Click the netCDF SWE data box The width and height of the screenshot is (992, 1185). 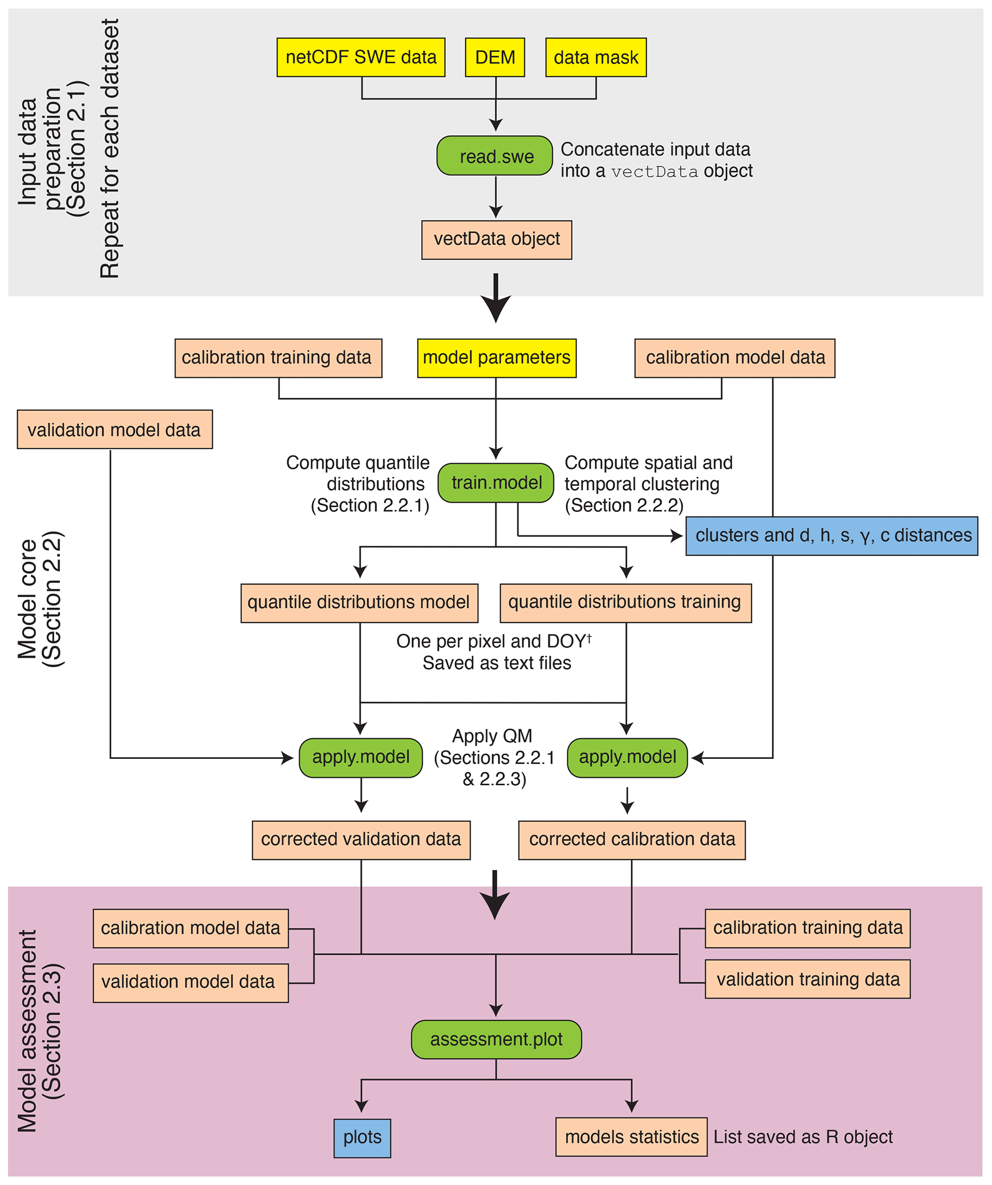tap(360, 58)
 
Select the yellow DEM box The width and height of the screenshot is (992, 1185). tap(495, 58)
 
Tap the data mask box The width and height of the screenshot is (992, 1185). tap(596, 58)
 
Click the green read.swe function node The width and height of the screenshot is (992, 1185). tap(495, 156)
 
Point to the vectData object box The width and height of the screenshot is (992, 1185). tap(497, 240)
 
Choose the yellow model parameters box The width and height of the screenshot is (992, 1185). tap(497, 358)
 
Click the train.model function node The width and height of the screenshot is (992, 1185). tap(496, 483)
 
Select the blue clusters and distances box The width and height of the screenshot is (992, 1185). tap(832, 536)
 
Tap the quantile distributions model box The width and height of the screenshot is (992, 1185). tap(359, 603)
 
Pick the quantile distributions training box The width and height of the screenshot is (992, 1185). tap(625, 603)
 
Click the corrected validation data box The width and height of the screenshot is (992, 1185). tap(361, 839)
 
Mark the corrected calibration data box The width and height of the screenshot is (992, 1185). tap(632, 839)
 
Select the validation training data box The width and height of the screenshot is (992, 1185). tap(808, 979)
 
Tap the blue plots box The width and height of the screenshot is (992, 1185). tap(362, 1137)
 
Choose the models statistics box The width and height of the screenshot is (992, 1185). tap(632, 1137)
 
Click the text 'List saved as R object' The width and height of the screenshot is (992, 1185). tap(803, 1137)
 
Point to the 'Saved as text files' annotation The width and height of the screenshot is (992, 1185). tap(497, 663)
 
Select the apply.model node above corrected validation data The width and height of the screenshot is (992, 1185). tap(360, 757)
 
